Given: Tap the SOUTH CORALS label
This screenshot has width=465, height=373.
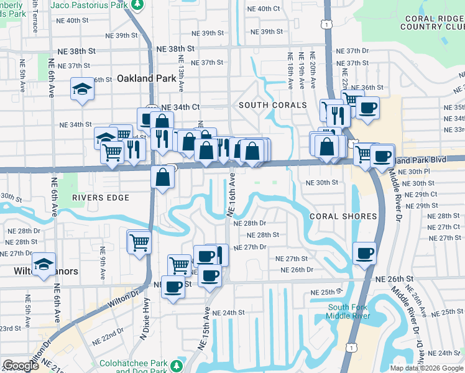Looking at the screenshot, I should tap(273, 105).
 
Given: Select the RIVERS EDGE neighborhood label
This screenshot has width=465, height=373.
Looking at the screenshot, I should tap(100, 198).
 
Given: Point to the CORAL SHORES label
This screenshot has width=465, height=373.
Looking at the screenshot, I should tap(343, 216).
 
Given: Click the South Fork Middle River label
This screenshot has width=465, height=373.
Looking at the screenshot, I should tap(349, 311).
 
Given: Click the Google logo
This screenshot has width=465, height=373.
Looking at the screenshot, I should tap(21, 366).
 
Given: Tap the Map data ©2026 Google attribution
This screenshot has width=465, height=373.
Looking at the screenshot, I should tap(426, 368).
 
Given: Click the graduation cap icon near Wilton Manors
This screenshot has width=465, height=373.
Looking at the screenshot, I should tap(44, 264).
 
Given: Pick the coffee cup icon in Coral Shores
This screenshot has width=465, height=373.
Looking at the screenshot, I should tap(364, 253).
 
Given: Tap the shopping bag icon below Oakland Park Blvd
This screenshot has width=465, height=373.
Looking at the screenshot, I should tap(162, 178).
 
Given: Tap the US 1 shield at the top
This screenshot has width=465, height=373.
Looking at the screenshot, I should tap(326, 23).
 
